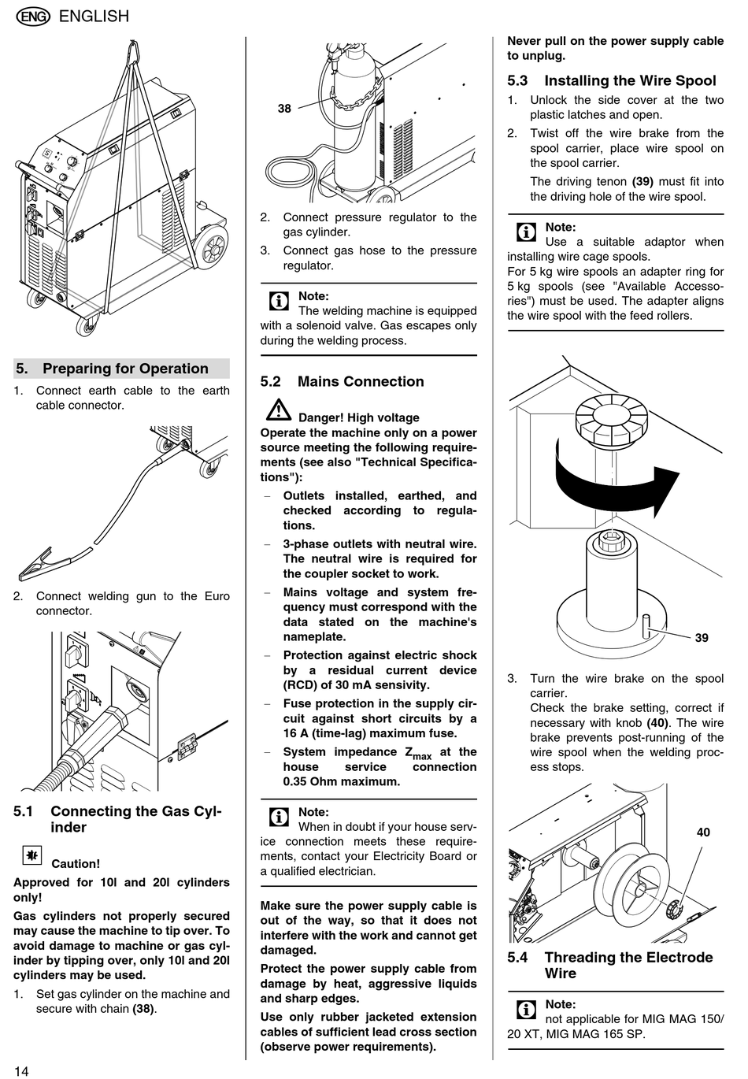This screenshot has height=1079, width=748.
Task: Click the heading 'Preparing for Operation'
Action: (125, 369)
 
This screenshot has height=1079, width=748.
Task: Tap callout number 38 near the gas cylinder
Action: (284, 109)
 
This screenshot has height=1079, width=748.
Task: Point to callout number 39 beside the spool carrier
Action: (701, 638)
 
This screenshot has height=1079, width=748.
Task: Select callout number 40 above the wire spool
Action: (703, 832)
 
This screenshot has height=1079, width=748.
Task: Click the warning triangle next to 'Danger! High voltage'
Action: (278, 410)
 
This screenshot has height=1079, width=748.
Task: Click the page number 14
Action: (21, 1070)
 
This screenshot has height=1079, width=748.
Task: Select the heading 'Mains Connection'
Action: (360, 382)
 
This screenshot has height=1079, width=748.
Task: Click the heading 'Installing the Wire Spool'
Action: (629, 80)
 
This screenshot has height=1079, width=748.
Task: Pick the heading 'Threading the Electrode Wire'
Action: (628, 966)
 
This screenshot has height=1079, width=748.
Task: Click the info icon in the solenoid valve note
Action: (278, 301)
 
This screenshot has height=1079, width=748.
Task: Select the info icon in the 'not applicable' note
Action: (525, 1010)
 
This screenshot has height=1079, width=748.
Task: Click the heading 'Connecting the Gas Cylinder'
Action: (135, 819)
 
